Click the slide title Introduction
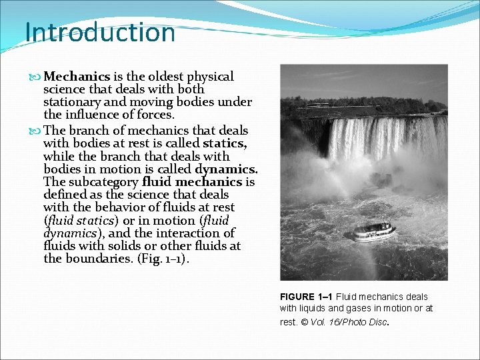pos(100,32)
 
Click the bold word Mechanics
pos(77,77)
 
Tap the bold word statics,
pos(225,143)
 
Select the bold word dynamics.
pos(226,169)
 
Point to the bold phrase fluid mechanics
pos(192,182)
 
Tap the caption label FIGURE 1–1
pos(306,297)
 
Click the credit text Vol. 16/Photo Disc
pos(360,321)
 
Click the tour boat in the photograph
pos(374,232)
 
